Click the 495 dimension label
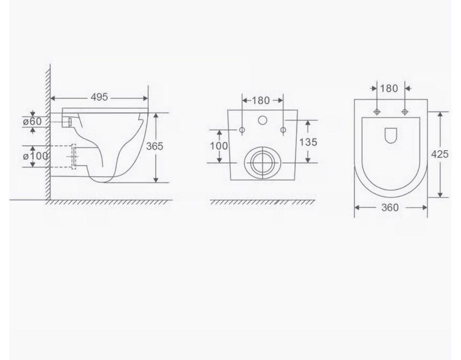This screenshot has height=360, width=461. [99, 97]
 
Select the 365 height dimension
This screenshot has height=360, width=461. [154, 146]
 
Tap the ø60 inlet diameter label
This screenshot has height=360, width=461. [32, 121]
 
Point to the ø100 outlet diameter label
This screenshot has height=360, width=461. [35, 156]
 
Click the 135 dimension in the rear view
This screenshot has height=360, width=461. [308, 142]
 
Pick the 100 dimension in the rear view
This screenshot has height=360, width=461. [219, 146]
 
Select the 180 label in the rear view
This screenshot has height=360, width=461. [260, 100]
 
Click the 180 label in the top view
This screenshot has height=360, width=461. [389, 88]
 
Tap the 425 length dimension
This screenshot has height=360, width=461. [440, 154]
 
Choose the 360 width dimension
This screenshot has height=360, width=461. [390, 208]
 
